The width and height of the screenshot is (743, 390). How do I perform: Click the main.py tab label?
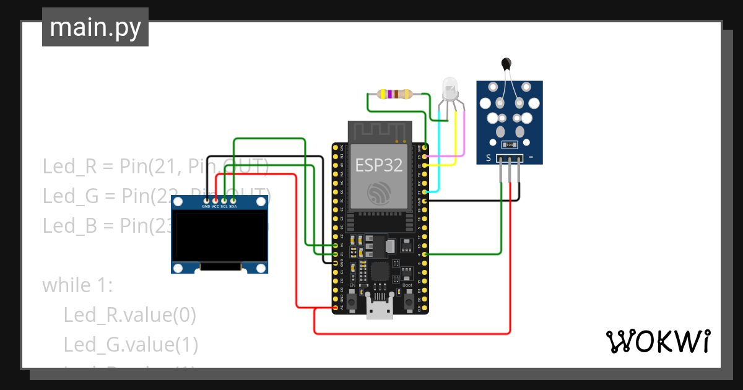pyautogui.click(x=95, y=27)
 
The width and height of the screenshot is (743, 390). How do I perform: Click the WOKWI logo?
pyautogui.click(x=657, y=341)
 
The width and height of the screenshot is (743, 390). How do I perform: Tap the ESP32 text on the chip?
pyautogui.click(x=378, y=165)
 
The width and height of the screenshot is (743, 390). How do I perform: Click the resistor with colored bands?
pyautogui.click(x=394, y=94)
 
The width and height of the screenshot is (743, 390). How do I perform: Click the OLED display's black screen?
pyautogui.click(x=220, y=236)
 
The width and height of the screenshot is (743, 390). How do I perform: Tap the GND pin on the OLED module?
pyautogui.click(x=206, y=201)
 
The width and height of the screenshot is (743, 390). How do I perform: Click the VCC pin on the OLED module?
pyautogui.click(x=215, y=201)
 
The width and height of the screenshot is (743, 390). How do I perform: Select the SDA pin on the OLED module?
pyautogui.click(x=233, y=201)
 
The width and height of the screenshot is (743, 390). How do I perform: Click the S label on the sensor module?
pyautogui.click(x=488, y=158)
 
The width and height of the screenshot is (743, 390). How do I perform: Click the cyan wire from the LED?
pyautogui.click(x=439, y=155)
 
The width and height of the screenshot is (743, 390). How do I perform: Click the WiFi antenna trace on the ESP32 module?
pyautogui.click(x=378, y=131)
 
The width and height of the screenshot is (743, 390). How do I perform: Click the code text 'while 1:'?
pyautogui.click(x=77, y=285)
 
